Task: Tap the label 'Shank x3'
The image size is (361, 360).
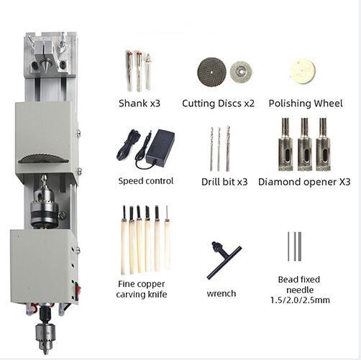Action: click(139, 103)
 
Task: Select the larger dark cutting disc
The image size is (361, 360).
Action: click(211, 71)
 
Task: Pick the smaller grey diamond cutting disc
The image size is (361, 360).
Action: click(240, 71)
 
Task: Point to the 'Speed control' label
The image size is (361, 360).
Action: click(146, 180)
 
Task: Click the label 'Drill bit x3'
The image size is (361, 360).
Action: click(224, 182)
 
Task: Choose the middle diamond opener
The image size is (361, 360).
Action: click(304, 144)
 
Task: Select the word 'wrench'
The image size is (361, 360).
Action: click(221, 293)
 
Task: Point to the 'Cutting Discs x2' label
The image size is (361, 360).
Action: click(218, 103)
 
